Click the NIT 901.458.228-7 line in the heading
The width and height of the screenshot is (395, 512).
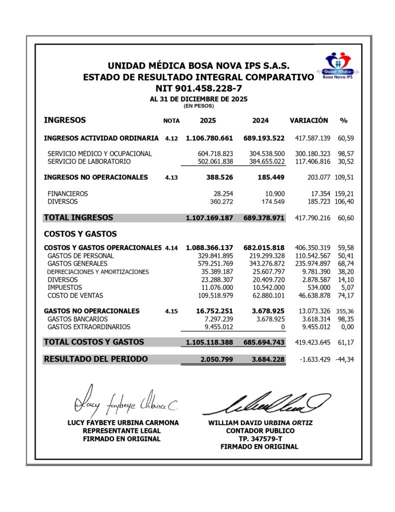click(x=198, y=88)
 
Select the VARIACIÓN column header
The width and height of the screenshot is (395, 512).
click(x=309, y=120)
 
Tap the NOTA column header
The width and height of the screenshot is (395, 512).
click(x=171, y=121)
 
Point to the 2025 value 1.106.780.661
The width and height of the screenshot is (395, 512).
click(x=209, y=137)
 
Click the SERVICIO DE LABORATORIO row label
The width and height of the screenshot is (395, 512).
click(x=89, y=161)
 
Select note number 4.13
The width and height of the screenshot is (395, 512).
click(x=171, y=177)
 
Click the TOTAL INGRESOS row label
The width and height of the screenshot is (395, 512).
click(x=78, y=217)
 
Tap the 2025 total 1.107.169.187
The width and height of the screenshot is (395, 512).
click(x=209, y=218)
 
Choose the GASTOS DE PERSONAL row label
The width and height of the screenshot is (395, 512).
click(x=80, y=255)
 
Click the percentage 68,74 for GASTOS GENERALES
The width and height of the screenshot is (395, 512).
click(x=347, y=263)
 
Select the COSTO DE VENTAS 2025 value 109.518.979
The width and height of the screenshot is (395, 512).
click(x=213, y=296)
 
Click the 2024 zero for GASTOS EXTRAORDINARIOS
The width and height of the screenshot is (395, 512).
click(x=283, y=327)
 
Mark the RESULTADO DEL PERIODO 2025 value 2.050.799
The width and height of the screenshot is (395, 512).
click(x=216, y=359)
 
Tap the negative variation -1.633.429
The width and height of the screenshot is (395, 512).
click(x=312, y=359)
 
